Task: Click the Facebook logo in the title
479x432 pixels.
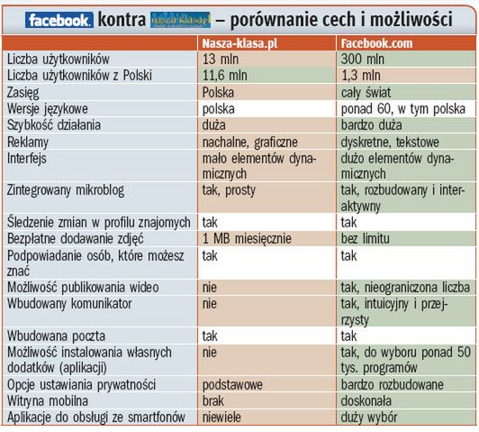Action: pos(60,18)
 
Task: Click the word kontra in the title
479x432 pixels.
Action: pos(124,18)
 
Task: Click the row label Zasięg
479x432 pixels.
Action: pos(25,91)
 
